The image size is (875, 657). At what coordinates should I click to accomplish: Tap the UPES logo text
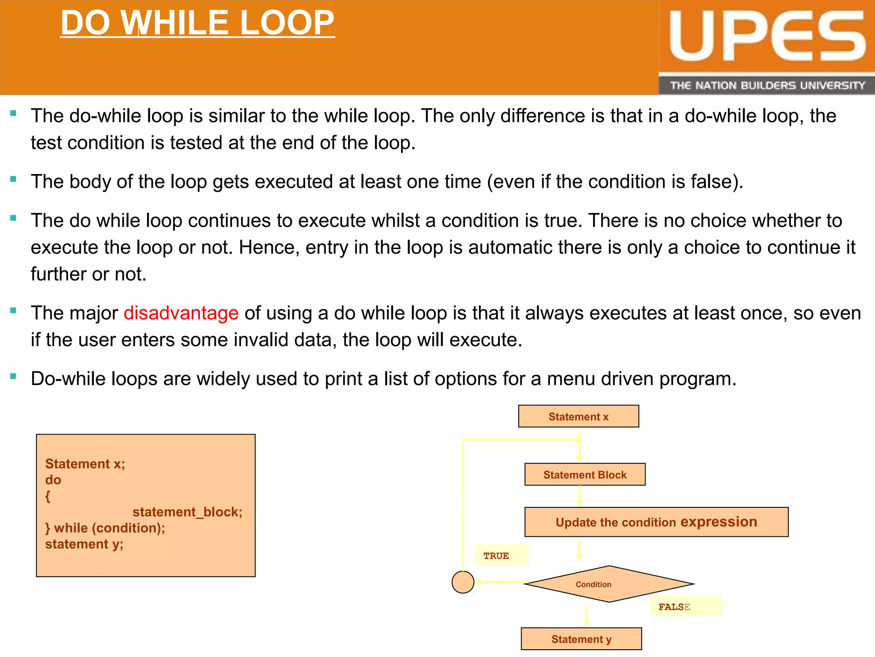tap(767, 36)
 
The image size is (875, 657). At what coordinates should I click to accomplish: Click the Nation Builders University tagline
tap(767, 86)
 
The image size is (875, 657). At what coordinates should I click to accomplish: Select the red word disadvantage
tap(181, 313)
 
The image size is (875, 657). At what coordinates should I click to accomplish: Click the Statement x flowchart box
tap(578, 417)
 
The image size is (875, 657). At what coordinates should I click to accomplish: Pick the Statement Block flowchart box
tap(584, 475)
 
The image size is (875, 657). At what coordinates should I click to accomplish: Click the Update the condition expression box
tap(656, 522)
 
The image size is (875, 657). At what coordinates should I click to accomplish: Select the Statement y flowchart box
tap(581, 639)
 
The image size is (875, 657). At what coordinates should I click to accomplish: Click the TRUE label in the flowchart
tap(496, 556)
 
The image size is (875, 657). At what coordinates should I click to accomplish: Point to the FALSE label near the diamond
tap(674, 607)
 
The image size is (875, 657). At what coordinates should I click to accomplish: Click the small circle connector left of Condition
tap(463, 582)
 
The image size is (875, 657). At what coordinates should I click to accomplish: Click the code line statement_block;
tap(187, 512)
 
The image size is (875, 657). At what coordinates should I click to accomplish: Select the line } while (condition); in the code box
tap(105, 528)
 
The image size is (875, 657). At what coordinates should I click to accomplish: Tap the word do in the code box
tap(53, 480)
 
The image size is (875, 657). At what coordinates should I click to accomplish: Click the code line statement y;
tap(84, 544)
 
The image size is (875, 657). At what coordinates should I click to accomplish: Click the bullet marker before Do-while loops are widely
tap(13, 376)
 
